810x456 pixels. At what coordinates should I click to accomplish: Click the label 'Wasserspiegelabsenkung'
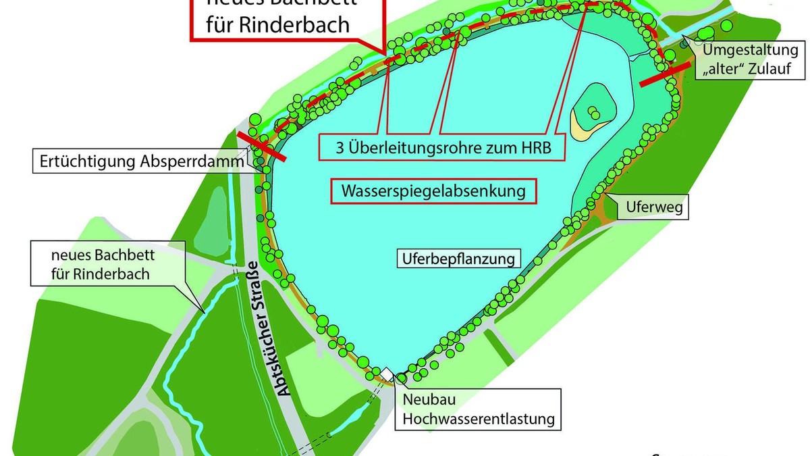tap(433, 191)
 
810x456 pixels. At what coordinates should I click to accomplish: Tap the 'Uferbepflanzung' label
tap(458, 258)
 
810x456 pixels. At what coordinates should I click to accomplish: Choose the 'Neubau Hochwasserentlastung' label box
tap(479, 409)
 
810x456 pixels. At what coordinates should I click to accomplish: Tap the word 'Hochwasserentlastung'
tap(479, 419)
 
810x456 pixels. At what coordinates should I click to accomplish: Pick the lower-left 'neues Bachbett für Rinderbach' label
tap(101, 265)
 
